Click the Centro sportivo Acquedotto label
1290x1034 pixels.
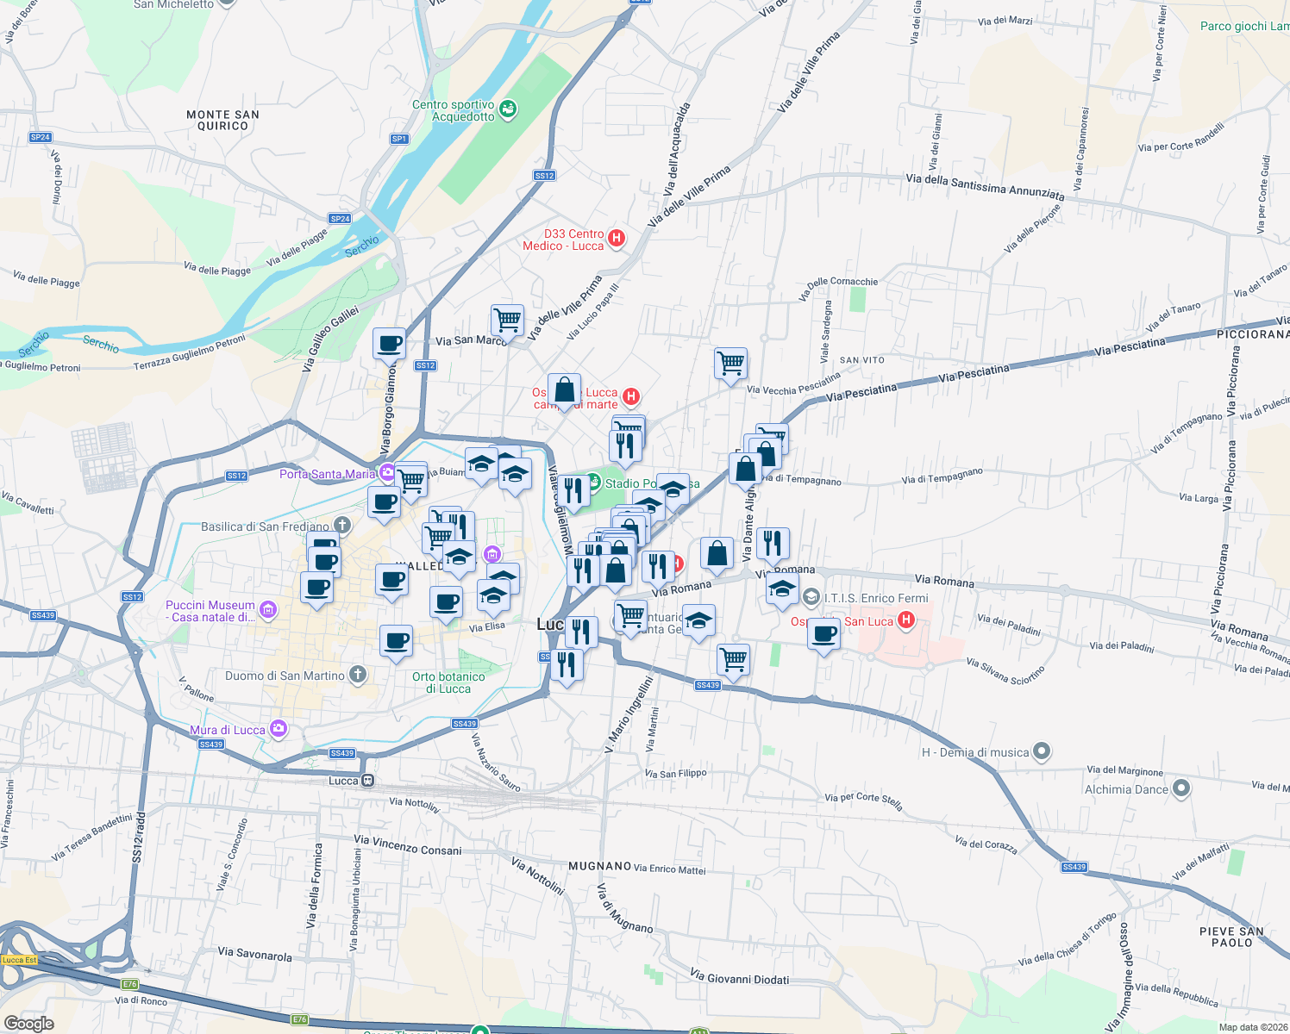point(453,111)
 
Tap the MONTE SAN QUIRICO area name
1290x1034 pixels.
point(222,120)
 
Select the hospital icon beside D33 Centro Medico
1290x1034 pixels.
point(617,239)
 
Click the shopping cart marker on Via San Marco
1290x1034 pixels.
point(508,321)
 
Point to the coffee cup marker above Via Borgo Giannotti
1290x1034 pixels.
point(390,343)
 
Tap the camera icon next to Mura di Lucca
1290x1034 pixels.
point(278,730)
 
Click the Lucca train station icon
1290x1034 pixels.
point(367,781)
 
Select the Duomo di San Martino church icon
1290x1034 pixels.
point(358,676)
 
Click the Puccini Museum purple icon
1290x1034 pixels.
point(268,611)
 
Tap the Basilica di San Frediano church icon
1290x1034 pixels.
point(342,526)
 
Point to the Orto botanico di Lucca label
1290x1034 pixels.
point(448,682)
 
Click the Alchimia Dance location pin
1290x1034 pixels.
point(1181,788)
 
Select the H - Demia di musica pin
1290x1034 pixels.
point(1042,752)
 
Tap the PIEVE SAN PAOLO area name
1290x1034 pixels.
point(1231,937)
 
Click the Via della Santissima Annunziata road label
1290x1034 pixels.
point(985,186)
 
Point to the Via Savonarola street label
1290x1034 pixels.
point(254,954)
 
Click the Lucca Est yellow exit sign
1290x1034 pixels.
point(19,960)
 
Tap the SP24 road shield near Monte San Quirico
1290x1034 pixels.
point(41,137)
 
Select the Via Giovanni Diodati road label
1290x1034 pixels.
point(739,977)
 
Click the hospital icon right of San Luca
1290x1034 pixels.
point(905,620)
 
